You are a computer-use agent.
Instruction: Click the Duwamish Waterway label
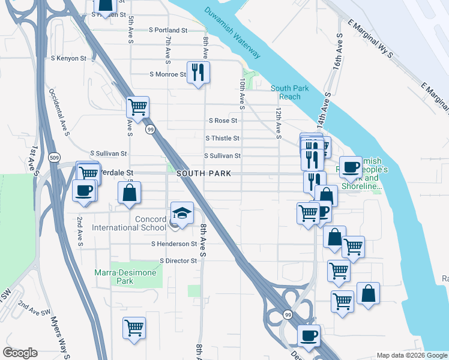[232, 34]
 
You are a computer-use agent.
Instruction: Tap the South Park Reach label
[290, 92]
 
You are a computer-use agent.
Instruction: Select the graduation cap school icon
[182, 213]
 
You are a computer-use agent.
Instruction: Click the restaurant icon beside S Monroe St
[198, 73]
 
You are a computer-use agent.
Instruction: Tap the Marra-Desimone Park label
[125, 277]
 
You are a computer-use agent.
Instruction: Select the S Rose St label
[224, 121]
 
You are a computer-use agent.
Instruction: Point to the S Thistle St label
[222, 138]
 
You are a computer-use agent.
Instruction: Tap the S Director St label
[178, 261]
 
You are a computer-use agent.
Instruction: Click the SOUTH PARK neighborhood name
[200, 173]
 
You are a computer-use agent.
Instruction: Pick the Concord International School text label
[129, 223]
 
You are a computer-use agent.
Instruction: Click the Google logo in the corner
[20, 353]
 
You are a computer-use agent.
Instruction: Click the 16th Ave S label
[339, 51]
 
